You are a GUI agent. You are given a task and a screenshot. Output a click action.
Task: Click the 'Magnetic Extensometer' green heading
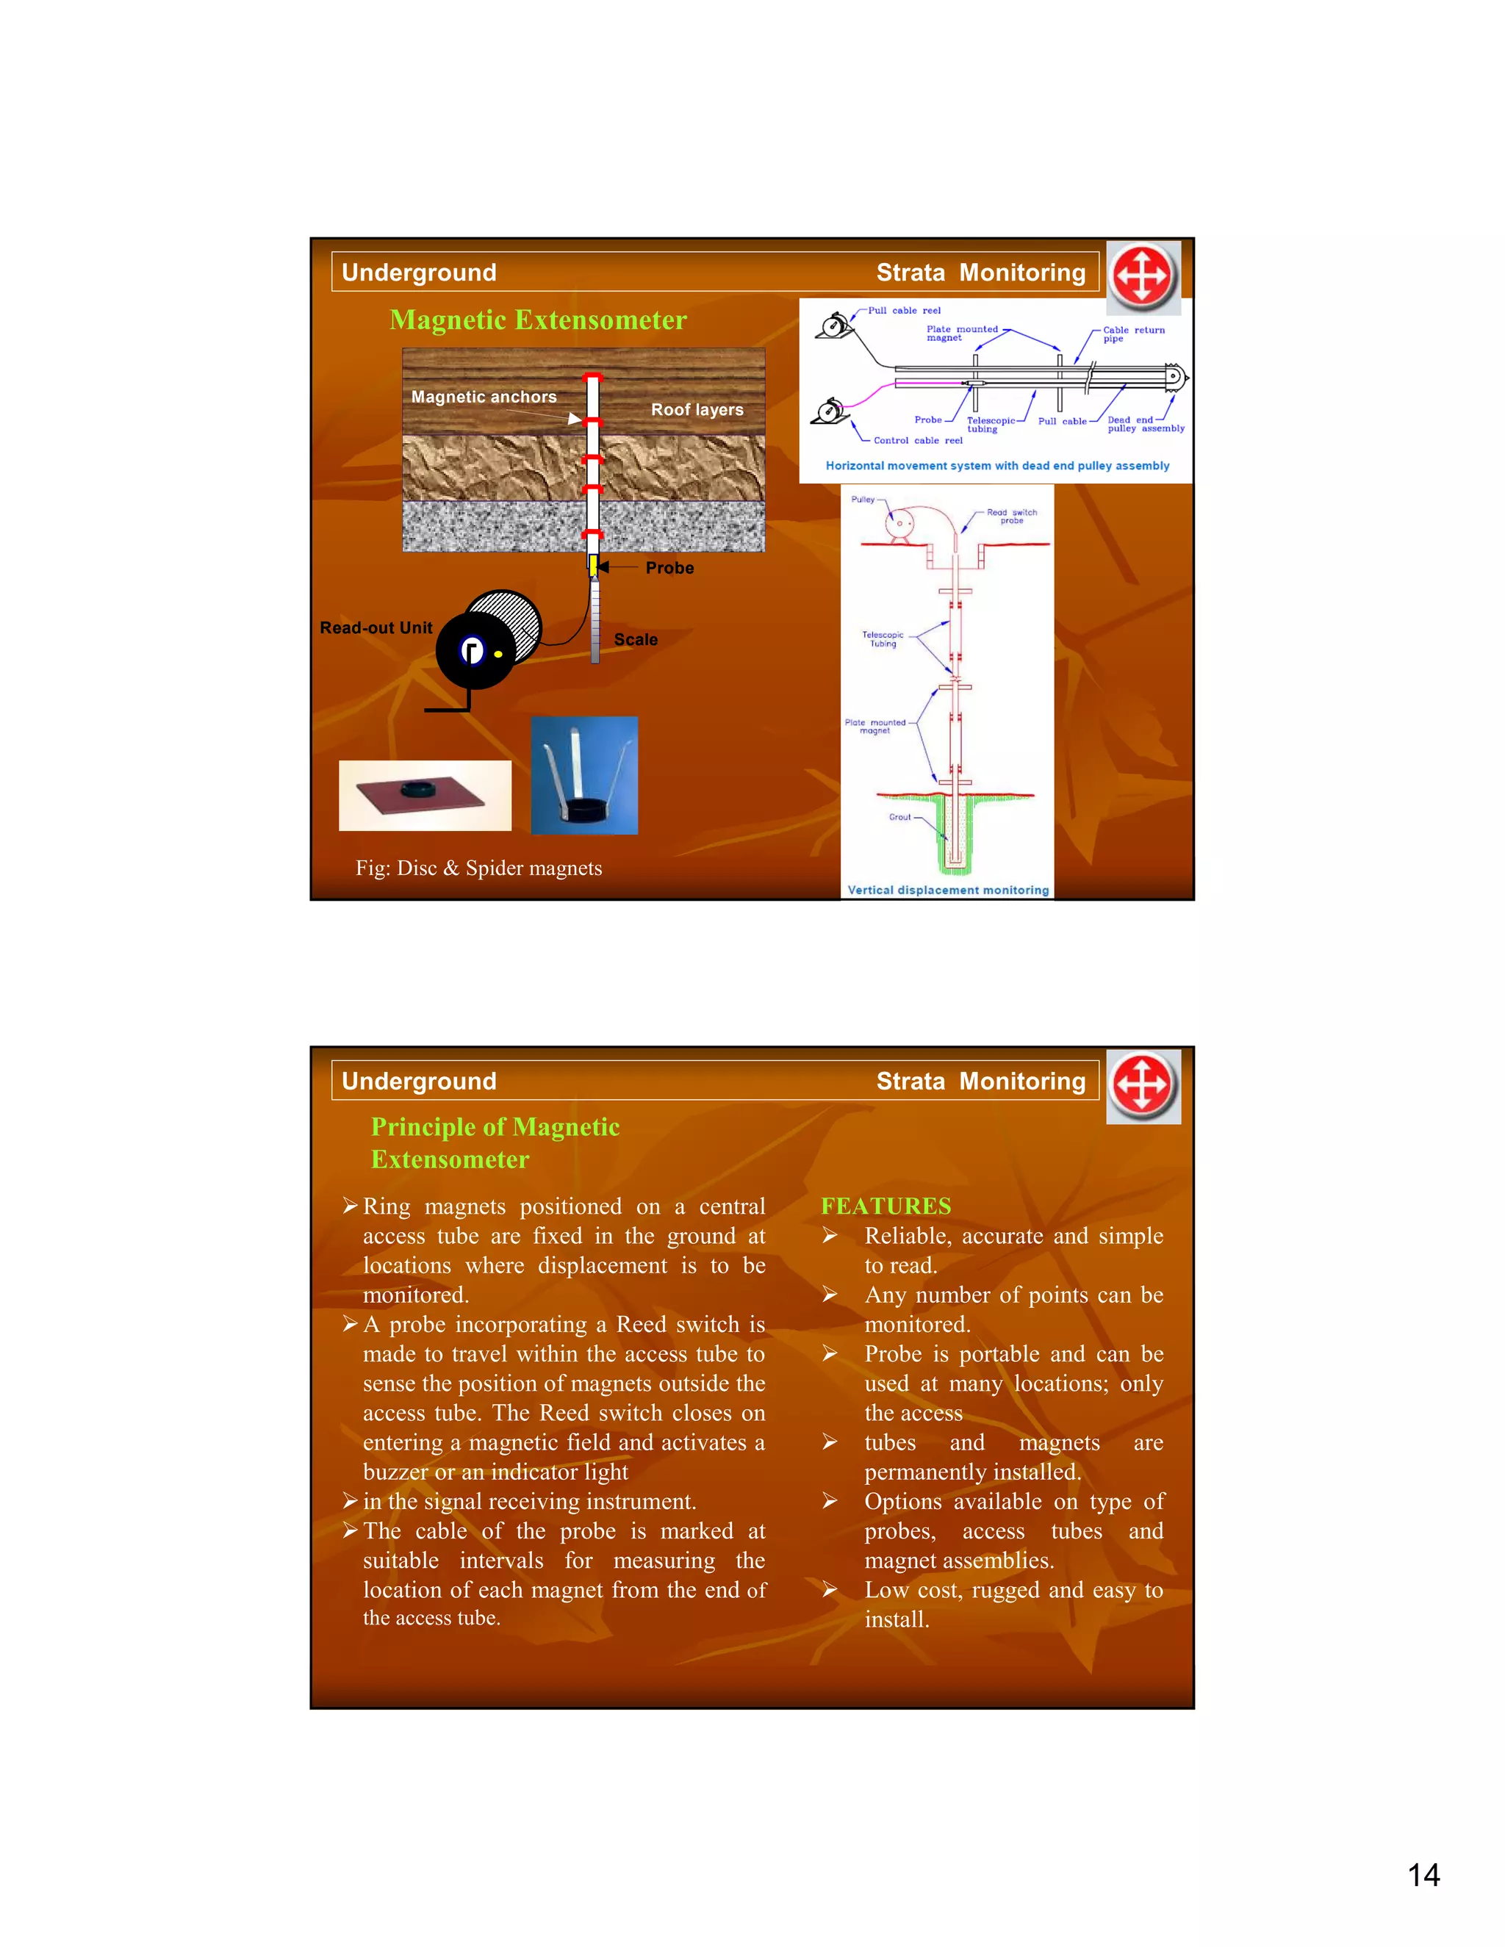(538, 320)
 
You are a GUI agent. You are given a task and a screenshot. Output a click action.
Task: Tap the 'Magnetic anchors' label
(484, 397)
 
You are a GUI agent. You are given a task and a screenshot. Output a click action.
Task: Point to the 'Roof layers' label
(697, 410)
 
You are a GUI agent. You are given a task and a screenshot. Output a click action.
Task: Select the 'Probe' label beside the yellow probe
(669, 568)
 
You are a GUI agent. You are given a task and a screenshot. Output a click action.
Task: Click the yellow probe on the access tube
(593, 564)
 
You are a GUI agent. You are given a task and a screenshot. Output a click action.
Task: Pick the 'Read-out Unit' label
(376, 627)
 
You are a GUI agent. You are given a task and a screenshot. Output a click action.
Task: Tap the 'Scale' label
(636, 639)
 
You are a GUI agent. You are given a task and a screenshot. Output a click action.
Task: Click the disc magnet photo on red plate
(425, 795)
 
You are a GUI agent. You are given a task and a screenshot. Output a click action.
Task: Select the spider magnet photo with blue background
(584, 774)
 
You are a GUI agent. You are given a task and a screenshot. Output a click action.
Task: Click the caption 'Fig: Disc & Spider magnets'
(479, 868)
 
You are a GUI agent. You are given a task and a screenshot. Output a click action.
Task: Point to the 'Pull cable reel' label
(904, 311)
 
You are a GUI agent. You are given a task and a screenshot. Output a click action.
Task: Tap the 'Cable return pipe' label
(1132, 334)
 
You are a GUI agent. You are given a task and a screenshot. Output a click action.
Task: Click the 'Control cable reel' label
(917, 440)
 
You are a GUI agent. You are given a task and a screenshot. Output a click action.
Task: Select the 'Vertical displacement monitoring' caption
(948, 890)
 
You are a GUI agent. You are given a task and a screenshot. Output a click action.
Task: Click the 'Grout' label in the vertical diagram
(899, 816)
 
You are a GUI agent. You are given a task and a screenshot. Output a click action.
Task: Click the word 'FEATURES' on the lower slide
(886, 1206)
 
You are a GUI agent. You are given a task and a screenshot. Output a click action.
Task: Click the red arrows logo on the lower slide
(1143, 1086)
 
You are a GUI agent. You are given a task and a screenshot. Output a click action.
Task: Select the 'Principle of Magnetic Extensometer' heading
(495, 1143)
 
